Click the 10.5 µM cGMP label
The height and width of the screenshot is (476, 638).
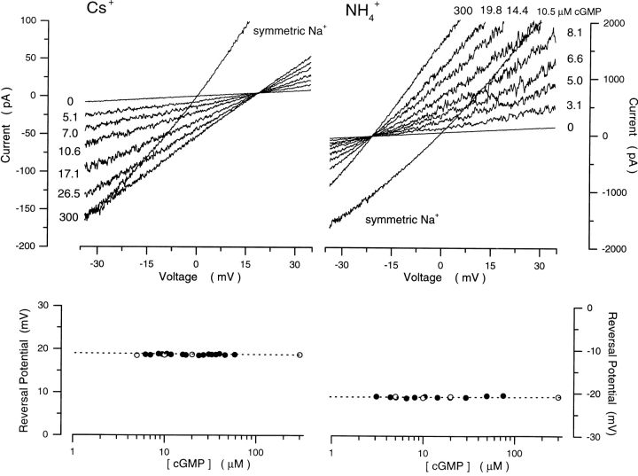[562, 11]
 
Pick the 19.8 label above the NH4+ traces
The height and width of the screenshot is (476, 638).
[492, 10]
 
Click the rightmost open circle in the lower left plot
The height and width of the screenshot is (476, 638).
[300, 355]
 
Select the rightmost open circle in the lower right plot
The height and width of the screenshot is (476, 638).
[557, 397]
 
